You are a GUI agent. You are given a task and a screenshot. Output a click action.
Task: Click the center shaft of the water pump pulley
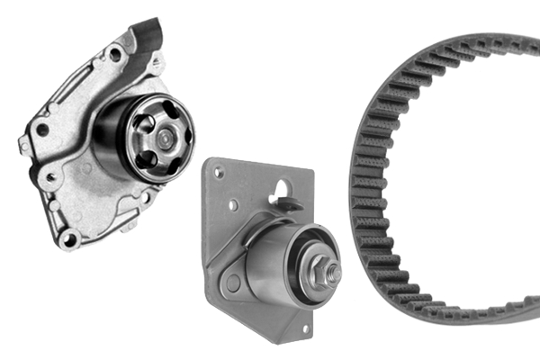(x=165, y=138)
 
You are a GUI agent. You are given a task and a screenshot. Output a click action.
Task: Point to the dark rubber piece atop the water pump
(x=148, y=37)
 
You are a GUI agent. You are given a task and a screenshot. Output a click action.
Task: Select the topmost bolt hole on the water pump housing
(x=115, y=54)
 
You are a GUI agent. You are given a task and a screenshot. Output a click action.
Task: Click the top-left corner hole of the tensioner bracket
(x=217, y=169)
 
